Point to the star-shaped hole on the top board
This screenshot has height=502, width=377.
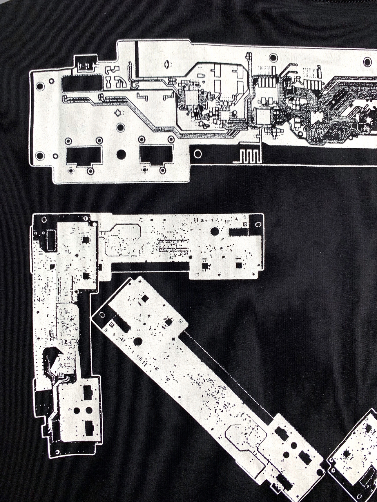click(x=118, y=113)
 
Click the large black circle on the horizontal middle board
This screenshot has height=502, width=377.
click(x=215, y=231)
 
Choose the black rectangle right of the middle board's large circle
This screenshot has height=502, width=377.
click(x=238, y=231)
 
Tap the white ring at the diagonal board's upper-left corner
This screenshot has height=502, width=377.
click(x=102, y=315)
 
